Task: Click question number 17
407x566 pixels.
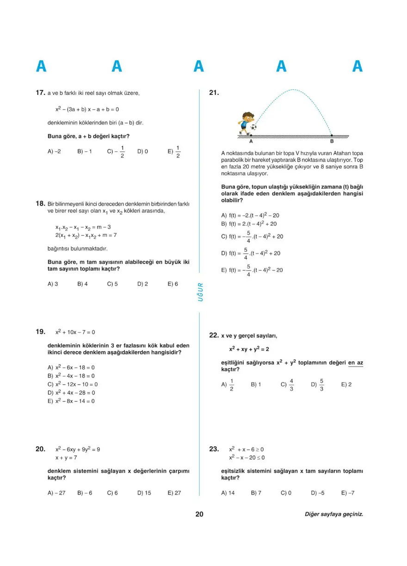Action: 40,93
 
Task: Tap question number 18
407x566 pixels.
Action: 40,203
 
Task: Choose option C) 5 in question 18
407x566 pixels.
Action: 112,284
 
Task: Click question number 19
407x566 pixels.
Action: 40,332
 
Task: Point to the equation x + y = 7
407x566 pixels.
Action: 66,458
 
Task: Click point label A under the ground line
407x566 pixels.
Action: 251,142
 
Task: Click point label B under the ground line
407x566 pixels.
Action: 332,142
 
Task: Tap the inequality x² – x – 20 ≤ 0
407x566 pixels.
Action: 247,458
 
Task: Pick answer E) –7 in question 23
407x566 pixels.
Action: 347,493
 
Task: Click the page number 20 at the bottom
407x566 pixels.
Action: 199,514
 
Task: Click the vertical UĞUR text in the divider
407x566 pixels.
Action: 201,292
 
